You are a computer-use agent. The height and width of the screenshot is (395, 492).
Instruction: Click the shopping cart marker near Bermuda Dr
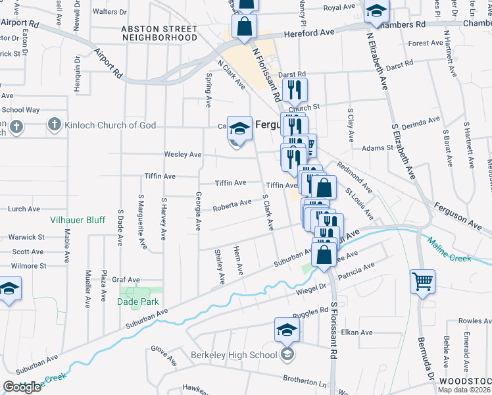point(422,281)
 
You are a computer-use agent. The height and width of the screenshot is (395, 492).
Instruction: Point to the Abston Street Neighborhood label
point(159,34)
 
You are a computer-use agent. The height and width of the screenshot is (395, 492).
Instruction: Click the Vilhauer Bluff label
point(78,220)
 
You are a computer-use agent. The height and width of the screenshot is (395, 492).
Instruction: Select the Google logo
point(22,387)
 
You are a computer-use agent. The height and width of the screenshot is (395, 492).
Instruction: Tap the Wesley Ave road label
point(183,155)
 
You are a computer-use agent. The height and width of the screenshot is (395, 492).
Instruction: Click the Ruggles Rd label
point(310,311)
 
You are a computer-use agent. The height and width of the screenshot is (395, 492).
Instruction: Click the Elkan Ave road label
point(357,332)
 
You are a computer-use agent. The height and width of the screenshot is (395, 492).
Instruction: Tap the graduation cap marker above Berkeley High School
point(287,329)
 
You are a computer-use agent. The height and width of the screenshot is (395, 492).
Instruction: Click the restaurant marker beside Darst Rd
point(295,88)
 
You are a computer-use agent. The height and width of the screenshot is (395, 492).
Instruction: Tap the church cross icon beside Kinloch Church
point(55,124)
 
